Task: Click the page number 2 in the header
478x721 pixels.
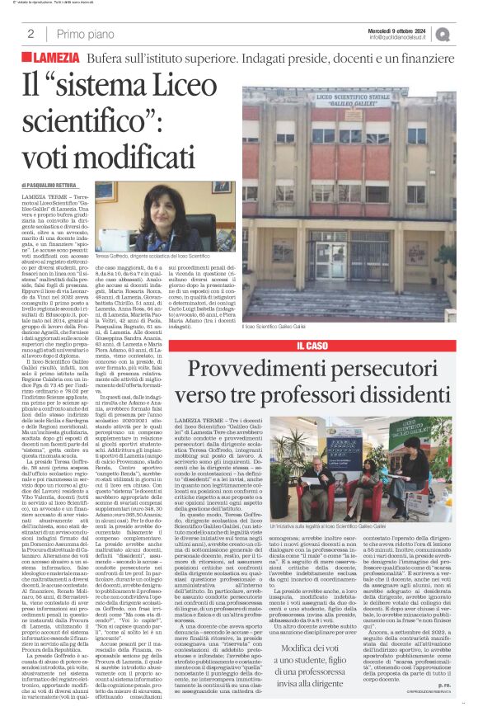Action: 30,34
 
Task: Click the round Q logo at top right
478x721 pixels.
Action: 465,33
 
